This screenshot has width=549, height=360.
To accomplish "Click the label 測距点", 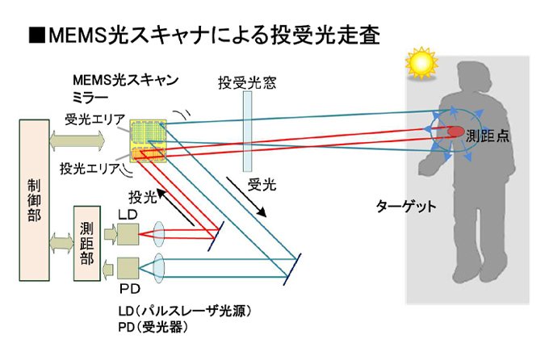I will [488, 137].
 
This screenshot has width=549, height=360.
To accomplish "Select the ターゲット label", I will [406, 207].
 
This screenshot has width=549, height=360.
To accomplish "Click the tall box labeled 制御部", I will [33, 199].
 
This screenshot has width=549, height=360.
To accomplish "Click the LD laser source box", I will [128, 234].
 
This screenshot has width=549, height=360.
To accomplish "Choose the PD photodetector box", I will [128, 266].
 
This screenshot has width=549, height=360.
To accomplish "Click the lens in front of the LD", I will [159, 234].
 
